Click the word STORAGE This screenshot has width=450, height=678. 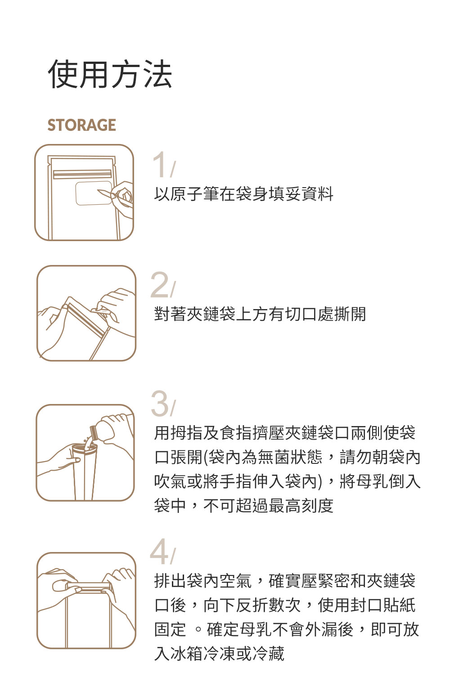coord(81,125)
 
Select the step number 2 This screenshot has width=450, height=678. coord(160,285)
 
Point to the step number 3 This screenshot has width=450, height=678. coord(160,404)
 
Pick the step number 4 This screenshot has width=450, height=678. coord(159,552)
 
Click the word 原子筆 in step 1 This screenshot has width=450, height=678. coord(194,194)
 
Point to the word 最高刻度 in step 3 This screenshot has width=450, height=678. coord(301,506)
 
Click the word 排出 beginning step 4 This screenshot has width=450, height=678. coord(170,581)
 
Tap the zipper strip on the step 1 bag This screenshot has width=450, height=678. coord(82,174)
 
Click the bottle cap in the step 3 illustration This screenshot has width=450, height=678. coord(94,432)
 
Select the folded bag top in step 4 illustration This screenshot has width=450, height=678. coord(88,586)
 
